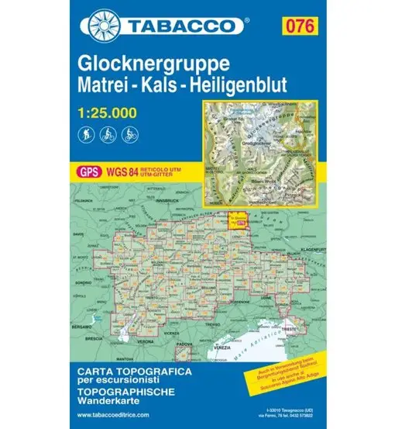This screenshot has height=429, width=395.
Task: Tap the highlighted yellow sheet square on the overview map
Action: click(239, 220)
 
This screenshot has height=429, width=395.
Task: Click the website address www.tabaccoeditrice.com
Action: click(110, 417)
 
